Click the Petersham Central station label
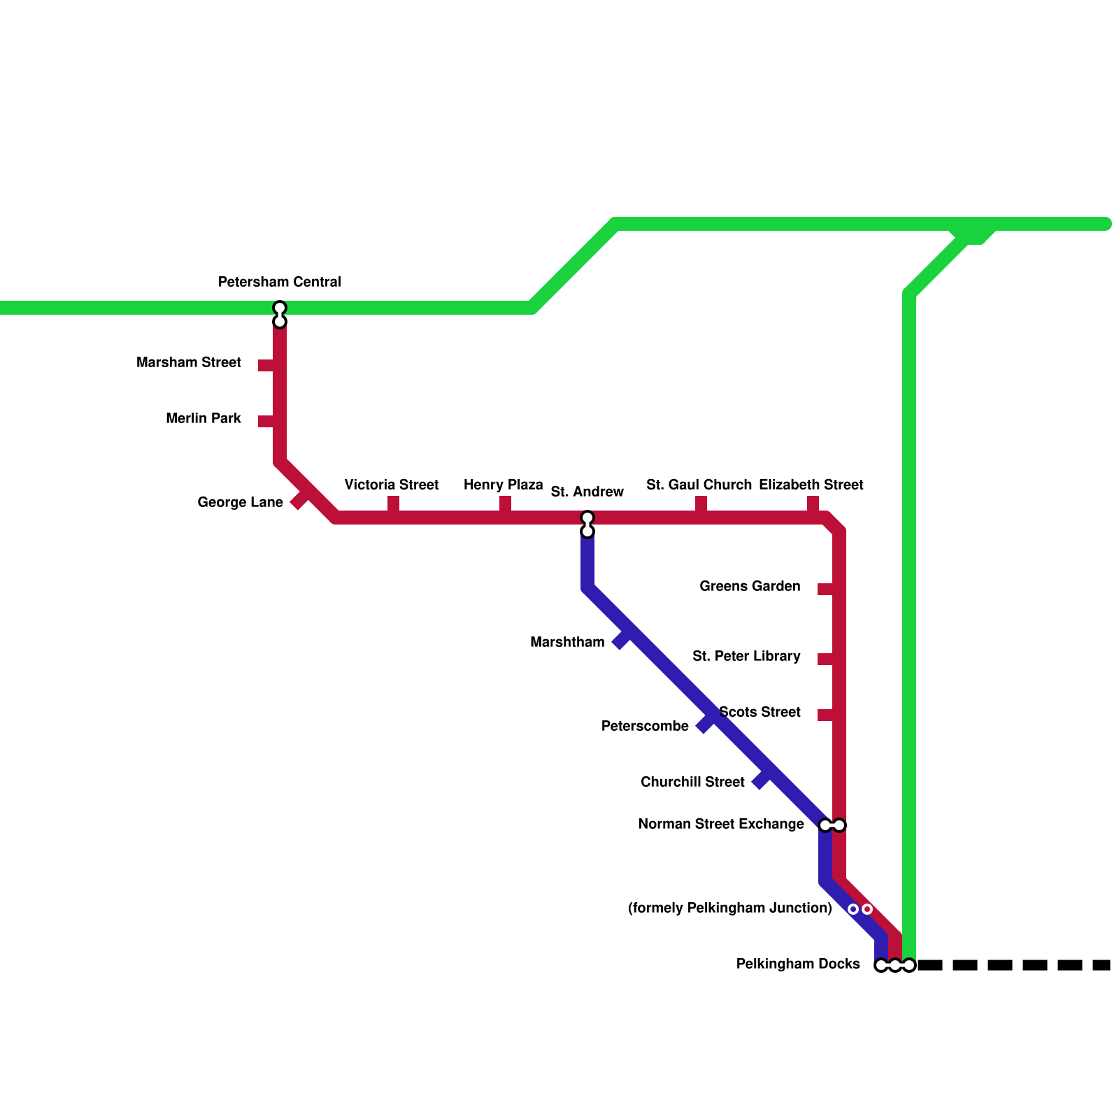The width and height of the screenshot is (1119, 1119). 279,282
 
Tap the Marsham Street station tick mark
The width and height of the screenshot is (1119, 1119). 266,365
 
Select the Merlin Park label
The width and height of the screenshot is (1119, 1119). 203,418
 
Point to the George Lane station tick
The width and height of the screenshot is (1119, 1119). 299,500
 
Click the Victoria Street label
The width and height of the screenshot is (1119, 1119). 391,485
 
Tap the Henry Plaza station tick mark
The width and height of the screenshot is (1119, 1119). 505,504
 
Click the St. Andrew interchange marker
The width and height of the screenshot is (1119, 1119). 587,525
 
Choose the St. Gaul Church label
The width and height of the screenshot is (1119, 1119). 699,485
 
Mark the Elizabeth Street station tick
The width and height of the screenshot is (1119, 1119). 813,504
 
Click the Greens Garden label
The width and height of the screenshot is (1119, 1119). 750,586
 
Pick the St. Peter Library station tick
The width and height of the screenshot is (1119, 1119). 826,659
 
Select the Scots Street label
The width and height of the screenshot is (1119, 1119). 760,712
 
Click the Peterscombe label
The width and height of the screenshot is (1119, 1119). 645,726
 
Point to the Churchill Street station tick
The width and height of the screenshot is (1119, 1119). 760,781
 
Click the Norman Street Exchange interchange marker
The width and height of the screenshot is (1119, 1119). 832,825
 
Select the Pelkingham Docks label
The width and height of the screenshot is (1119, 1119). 797,964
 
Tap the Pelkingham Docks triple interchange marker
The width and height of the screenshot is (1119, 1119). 895,965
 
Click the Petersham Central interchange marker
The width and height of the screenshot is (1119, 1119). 280,315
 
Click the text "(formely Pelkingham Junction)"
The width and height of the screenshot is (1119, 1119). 729,908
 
